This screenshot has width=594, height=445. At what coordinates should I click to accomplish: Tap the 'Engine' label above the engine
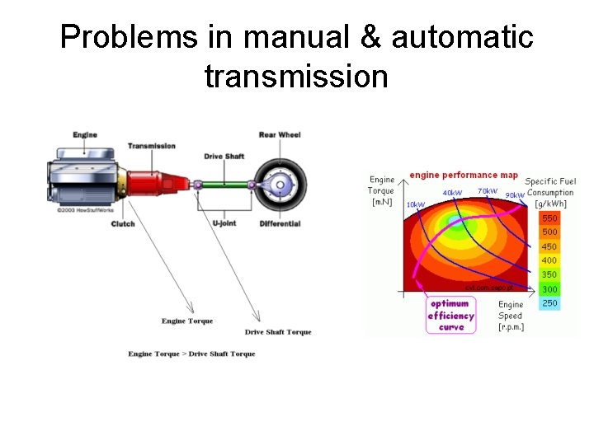85,134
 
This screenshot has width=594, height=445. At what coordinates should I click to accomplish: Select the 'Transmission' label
152,146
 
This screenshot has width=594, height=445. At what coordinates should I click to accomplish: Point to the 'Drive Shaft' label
224,156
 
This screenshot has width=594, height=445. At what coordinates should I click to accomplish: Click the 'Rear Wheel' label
280,134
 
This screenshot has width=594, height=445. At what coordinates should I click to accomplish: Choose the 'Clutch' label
123,223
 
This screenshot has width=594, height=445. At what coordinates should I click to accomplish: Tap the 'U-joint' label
227,223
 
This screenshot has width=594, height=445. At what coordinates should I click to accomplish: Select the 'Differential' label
280,223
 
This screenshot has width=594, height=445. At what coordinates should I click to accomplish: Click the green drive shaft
227,185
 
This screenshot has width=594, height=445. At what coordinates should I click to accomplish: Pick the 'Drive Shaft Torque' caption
278,332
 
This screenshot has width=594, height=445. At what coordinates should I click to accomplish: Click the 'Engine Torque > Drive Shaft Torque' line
191,354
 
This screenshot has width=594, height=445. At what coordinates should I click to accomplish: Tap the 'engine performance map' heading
464,175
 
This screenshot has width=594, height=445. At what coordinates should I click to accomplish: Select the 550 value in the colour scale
549,218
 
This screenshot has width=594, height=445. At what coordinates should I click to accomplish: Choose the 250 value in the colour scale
549,303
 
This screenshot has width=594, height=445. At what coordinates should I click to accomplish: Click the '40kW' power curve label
452,193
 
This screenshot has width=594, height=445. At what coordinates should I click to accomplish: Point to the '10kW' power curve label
415,204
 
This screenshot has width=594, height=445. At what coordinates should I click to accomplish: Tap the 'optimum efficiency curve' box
451,315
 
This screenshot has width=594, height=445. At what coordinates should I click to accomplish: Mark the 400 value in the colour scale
549,260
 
